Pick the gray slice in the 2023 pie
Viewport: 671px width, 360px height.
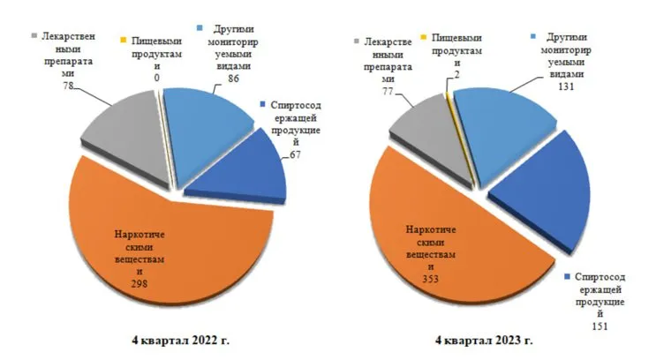coord(428,124)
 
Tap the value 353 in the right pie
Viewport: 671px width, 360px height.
coord(431,280)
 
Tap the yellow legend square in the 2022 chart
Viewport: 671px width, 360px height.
coord(124,40)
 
